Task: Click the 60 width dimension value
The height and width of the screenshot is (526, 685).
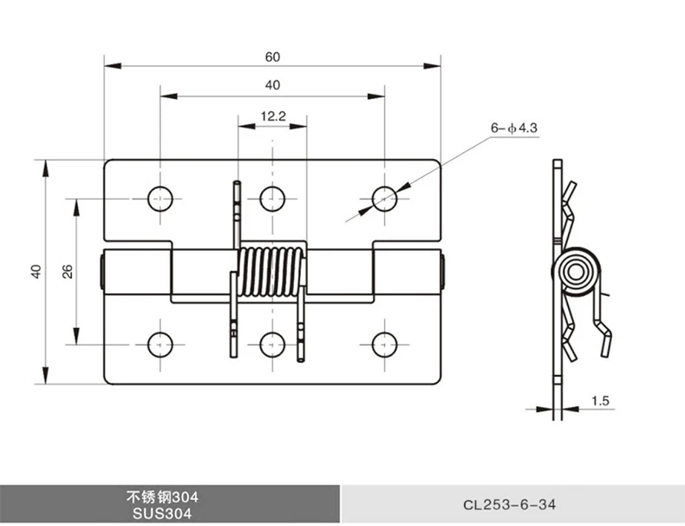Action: point(273,56)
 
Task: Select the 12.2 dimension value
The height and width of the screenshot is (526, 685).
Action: point(272,115)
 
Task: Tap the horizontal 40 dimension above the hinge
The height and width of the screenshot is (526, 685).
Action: point(273,85)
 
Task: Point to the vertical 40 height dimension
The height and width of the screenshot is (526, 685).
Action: point(36,271)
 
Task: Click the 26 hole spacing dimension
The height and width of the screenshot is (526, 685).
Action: point(67,271)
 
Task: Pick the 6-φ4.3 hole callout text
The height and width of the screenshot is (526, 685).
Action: point(514,128)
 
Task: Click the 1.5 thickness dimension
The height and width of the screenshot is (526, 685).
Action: point(600,400)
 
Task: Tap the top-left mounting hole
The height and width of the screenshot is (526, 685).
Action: point(160,198)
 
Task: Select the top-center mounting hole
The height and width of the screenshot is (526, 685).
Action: point(272,198)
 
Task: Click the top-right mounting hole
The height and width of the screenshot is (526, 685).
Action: point(385,198)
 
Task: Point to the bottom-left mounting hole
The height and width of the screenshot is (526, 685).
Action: point(160,345)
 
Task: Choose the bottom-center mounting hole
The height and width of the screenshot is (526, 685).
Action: point(272,345)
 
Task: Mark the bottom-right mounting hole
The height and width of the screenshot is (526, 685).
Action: point(385,345)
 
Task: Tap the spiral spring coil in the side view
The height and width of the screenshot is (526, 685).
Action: point(576,273)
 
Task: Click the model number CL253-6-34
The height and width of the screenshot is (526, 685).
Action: point(512,503)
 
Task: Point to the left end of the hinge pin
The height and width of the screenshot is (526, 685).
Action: point(103,271)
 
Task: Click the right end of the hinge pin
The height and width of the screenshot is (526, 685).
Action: point(442,271)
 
